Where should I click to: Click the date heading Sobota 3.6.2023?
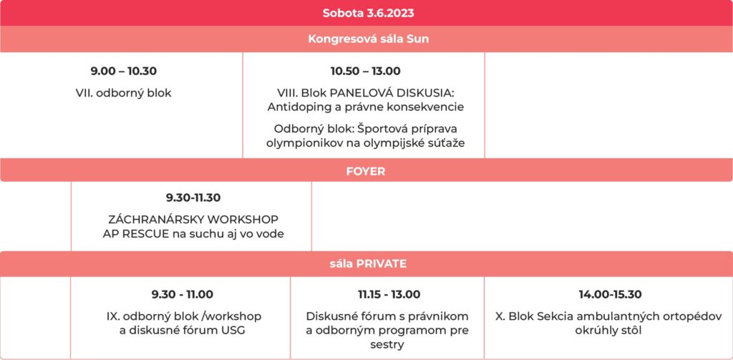pos(368,13)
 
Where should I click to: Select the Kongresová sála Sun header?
pos(368,39)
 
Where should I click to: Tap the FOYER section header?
pos(366,171)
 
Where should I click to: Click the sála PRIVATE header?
pos(367,263)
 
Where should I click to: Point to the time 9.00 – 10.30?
pos(123,72)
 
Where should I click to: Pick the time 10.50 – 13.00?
pos(366,72)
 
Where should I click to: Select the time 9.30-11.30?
pos(193,198)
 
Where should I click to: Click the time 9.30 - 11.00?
pos(183,295)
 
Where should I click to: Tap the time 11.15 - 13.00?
pos(389,295)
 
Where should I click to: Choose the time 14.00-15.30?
pos(610,295)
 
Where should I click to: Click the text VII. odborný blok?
pos(123,93)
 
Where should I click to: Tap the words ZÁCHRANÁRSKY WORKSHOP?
pos(193,219)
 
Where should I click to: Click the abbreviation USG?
pos(232,331)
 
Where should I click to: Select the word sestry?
pos(389,345)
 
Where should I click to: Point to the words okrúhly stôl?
pos(610,331)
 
